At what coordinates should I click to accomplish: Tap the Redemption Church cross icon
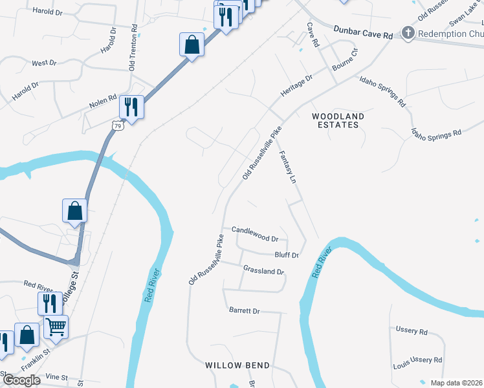pyautogui.click(x=408, y=32)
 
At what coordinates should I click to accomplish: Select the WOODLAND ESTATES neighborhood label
pyautogui.click(x=338, y=120)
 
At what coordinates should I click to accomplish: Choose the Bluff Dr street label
pyautogui.click(x=286, y=255)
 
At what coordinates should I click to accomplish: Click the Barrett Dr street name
pyautogui.click(x=244, y=310)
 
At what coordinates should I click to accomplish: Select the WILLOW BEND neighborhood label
pyautogui.click(x=237, y=365)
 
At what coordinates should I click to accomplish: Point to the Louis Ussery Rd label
pyautogui.click(x=417, y=361)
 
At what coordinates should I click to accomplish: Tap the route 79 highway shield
pyautogui.click(x=116, y=125)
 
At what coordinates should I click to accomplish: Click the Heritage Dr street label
pyautogui.click(x=296, y=86)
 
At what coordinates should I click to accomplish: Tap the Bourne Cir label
pyautogui.click(x=344, y=60)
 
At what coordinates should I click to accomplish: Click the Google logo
pyautogui.click(x=21, y=380)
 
